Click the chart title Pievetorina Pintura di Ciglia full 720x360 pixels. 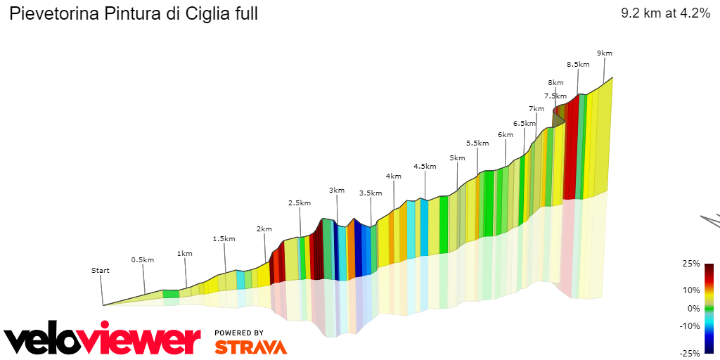(134, 13)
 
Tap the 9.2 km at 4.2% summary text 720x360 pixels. (665, 13)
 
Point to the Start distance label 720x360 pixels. (101, 270)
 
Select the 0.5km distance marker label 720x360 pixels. (142, 259)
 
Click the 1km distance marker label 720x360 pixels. (184, 253)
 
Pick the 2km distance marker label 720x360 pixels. (264, 229)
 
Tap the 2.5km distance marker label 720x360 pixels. (299, 202)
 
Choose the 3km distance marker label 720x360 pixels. (337, 190)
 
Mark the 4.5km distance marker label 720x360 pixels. (425, 166)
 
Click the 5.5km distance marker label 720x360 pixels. (477, 143)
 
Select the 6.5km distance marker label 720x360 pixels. (525, 123)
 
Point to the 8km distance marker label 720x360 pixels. (556, 82)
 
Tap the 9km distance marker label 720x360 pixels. (604, 53)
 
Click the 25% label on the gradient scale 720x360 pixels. (691, 264)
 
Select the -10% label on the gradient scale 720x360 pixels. (690, 326)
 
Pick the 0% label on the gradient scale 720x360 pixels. (693, 308)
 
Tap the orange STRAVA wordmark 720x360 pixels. (250, 347)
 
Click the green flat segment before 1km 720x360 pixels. (171, 293)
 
